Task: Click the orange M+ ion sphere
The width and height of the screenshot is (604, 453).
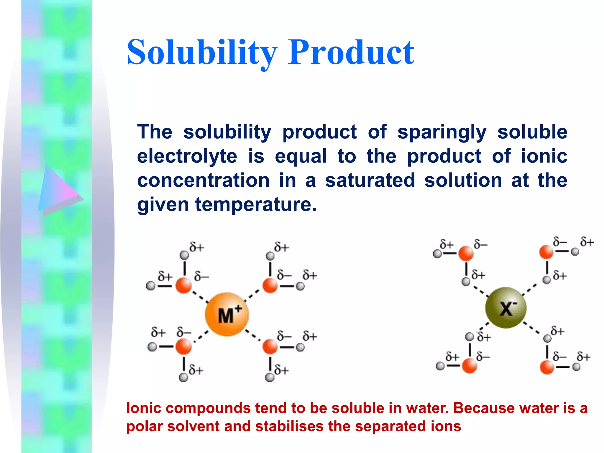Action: click(227, 314)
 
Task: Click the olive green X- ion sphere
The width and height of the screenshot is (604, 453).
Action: click(506, 308)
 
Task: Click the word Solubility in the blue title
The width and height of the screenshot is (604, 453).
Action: click(202, 52)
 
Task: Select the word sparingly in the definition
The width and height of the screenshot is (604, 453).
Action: click(442, 132)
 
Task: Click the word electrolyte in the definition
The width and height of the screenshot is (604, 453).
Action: click(187, 156)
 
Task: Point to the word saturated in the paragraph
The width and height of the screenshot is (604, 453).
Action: click(370, 180)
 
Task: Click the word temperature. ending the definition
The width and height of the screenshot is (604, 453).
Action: click(256, 204)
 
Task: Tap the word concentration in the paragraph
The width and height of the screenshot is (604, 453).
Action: click(203, 180)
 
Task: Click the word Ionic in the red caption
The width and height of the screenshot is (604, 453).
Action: click(144, 408)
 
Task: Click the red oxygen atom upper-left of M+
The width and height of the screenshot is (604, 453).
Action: click(184, 285)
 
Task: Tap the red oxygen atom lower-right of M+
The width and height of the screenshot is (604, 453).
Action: click(270, 347)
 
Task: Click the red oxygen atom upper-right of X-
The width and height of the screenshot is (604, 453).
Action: click(546, 252)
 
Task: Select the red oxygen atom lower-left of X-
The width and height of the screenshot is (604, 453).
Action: click(469, 366)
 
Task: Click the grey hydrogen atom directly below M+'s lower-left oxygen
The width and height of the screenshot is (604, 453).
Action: click(183, 377)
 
